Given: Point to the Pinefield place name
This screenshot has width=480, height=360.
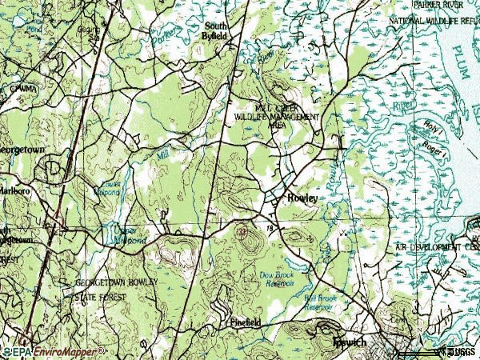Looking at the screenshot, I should click(x=246, y=323).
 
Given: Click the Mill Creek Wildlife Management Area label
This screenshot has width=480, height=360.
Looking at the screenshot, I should click(x=276, y=116).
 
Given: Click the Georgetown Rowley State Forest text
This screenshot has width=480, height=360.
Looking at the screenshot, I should click(x=117, y=290).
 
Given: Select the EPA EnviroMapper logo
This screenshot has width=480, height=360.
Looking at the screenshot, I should click(x=56, y=350).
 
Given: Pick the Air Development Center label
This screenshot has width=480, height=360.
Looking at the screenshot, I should click(x=437, y=249).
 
